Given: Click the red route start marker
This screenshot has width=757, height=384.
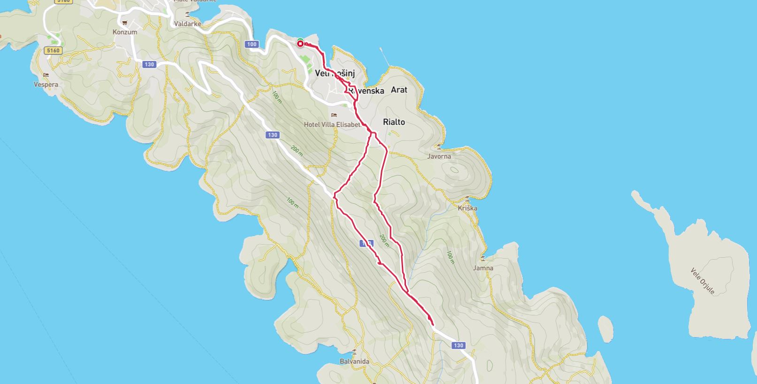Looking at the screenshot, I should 300,44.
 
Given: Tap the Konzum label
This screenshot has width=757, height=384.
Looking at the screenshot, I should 125,32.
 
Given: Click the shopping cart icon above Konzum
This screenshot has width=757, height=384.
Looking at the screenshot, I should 125,23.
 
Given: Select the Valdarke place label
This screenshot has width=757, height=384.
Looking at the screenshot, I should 187,23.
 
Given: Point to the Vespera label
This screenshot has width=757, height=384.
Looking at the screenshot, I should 46,84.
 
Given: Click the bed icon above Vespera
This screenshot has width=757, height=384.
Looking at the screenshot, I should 46,75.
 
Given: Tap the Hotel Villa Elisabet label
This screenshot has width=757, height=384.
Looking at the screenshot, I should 332,124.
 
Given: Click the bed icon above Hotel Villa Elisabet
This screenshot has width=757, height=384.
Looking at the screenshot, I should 334,115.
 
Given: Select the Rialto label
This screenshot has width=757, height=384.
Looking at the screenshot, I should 394,122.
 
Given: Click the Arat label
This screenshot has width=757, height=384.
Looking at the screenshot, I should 399,90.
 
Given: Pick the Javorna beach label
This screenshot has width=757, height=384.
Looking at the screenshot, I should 439,156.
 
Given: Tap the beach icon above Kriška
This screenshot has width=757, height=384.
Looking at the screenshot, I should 467,199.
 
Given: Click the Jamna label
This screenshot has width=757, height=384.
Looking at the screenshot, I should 483,268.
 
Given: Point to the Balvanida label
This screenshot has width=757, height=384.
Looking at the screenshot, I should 354,361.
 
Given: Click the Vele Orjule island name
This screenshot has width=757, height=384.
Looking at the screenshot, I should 702,281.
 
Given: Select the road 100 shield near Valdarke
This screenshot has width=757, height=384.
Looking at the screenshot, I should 252,44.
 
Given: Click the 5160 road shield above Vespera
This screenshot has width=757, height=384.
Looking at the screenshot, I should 53,50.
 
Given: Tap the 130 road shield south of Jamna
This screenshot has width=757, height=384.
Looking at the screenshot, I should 458,346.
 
